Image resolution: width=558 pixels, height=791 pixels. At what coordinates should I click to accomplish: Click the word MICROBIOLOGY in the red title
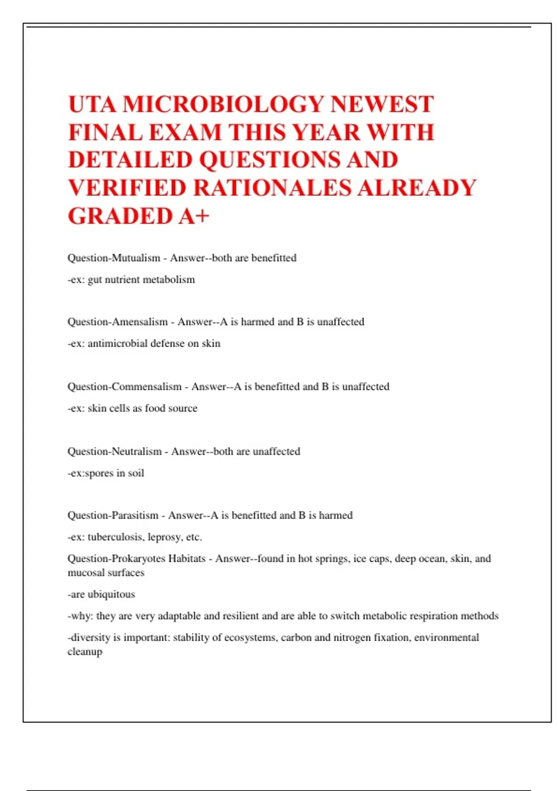[223, 104]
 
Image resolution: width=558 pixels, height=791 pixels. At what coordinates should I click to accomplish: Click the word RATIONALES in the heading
[272, 188]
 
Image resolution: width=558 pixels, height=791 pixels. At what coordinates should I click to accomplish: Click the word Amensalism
[139, 322]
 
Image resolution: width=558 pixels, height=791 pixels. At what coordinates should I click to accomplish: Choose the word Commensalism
[146, 387]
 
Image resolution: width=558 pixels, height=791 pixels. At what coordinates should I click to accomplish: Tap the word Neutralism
[137, 451]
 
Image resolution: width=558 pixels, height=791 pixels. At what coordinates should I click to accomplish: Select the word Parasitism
[135, 516]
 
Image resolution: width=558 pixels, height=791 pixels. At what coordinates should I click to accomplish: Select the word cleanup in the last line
[85, 652]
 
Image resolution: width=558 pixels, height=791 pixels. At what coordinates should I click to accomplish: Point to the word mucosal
[86, 573]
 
